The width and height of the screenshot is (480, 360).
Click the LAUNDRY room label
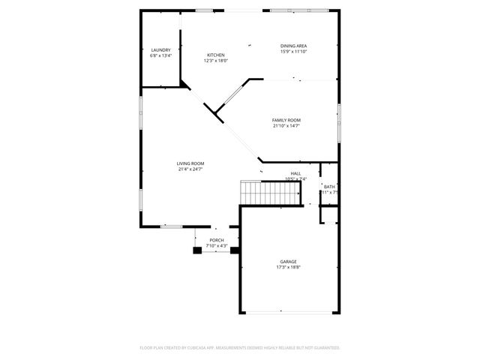coord(160,50)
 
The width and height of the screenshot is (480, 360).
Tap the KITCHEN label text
coord(216,55)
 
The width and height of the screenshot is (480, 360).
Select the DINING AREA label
coord(293,46)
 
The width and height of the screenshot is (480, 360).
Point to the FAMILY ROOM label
coord(286,120)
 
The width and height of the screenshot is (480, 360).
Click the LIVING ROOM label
coord(190,163)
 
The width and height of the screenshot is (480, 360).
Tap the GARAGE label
coord(288,262)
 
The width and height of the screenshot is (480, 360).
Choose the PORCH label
coord(217,240)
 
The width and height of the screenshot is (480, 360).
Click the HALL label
coord(295,173)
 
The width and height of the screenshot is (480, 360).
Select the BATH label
coord(329,187)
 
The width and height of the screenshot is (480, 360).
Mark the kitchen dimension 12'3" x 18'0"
coord(216,61)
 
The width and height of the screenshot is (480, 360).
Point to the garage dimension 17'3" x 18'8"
coord(288,267)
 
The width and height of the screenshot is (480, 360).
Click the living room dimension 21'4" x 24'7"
coord(190,169)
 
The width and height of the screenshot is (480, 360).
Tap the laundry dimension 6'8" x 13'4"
coord(160,55)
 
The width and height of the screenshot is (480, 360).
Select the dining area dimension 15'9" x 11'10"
coord(293,51)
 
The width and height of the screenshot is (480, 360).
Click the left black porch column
coord(198,250)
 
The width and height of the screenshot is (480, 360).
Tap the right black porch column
coord(234,250)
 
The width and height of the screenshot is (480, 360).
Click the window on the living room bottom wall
coord(172,226)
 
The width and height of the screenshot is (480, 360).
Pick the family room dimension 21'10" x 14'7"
coord(286,125)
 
